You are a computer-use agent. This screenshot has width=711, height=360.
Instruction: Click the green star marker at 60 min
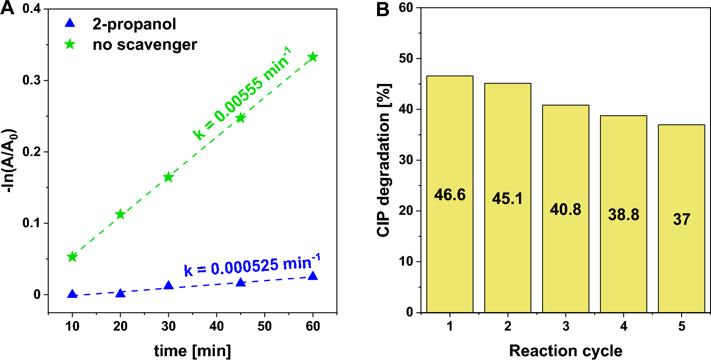point(313,57)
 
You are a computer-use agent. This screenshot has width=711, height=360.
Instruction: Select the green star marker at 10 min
point(72,257)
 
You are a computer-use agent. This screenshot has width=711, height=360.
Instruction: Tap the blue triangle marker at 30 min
point(168,286)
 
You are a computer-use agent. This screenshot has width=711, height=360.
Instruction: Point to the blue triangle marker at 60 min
point(313,276)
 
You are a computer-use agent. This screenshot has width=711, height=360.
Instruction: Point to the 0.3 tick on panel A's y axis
point(33,81)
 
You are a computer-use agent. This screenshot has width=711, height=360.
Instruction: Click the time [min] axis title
point(192,351)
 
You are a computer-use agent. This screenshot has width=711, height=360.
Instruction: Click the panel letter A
point(7,9)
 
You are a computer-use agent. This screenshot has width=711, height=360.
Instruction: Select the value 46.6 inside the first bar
point(450,195)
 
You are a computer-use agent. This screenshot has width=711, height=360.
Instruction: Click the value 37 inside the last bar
point(682,220)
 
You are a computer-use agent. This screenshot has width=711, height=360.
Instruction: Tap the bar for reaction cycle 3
point(566,209)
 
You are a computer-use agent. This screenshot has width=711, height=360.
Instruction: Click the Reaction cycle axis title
point(565,351)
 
